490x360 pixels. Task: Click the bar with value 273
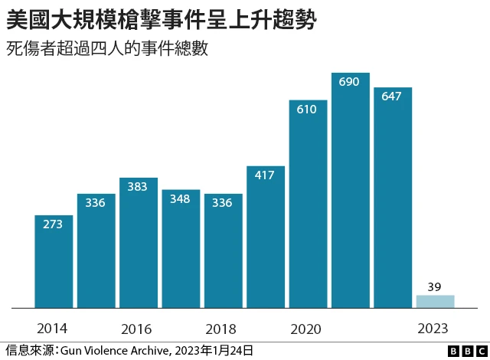54,261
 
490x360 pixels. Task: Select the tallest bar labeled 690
350,191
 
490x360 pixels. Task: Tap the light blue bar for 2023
435,301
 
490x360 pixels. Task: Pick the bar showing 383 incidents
139,243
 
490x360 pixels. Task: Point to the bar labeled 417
265,237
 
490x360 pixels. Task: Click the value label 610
306,110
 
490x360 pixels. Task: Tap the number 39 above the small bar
434,286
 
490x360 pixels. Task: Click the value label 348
181,199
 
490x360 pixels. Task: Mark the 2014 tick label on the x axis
51,329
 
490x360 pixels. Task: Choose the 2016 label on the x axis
136,329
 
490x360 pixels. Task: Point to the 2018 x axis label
220,329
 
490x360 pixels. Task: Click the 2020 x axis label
305,329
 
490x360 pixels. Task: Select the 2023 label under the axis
433,329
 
